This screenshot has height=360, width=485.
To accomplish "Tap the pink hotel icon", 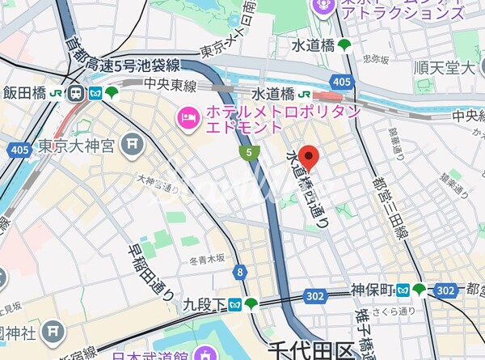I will coord(188,120).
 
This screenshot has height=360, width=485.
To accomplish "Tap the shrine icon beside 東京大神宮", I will coord(132,146).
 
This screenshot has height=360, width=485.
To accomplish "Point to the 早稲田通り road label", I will coord(150,272).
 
